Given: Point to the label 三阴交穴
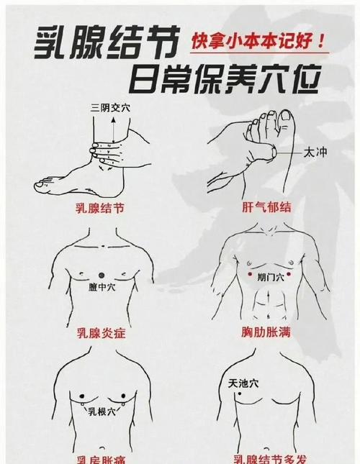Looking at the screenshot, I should (109, 108).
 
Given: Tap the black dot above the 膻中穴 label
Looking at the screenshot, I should (102, 274).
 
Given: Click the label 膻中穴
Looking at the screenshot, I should (102, 287).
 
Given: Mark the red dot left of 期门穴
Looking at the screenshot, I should (249, 275).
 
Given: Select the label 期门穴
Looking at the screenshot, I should (270, 276).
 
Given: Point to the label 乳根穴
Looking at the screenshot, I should (102, 412).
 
